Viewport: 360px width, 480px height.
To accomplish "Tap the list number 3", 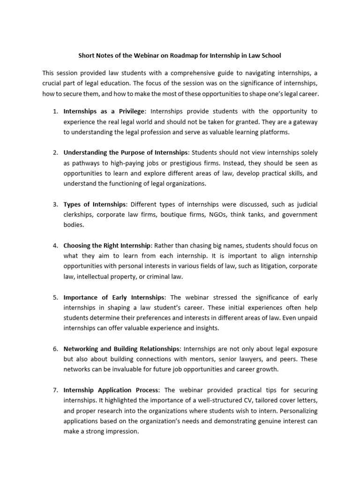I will [x=55, y=204].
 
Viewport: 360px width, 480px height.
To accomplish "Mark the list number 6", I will [x=55, y=349].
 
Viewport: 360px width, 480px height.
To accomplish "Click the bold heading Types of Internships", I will [x=95, y=204].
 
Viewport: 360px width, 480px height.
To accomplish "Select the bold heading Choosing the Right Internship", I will [x=107, y=246].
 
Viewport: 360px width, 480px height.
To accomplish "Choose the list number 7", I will [x=55, y=390].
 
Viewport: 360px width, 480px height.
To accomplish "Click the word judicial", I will [x=304, y=204].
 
